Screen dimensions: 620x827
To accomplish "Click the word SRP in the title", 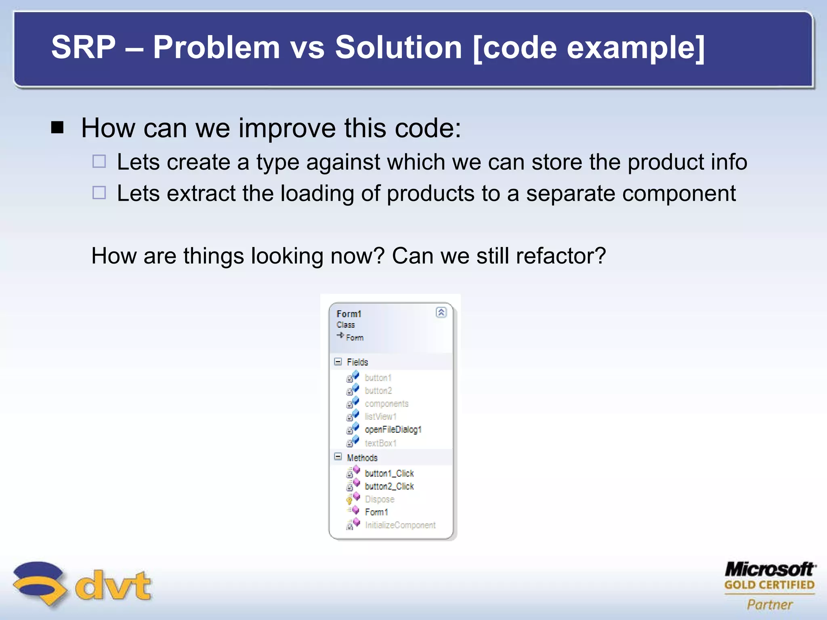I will pyautogui.click(x=84, y=47).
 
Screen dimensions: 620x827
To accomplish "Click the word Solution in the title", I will pyautogui.click(x=398, y=47).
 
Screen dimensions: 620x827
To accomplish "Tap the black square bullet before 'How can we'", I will pyautogui.click(x=58, y=128).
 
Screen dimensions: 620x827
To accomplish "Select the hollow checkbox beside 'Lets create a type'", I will pyautogui.click(x=99, y=161).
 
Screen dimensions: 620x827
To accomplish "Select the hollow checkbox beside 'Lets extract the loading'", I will pyautogui.click(x=99, y=193).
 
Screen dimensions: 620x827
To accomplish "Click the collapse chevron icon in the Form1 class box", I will pyautogui.click(x=441, y=312).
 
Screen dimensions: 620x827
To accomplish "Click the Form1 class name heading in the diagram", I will pyautogui.click(x=349, y=314).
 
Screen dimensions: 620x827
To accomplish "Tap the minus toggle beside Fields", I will pyautogui.click(x=338, y=361).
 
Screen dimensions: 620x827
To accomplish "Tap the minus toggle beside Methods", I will pyautogui.click(x=338, y=457).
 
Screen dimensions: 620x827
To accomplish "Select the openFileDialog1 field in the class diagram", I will pyautogui.click(x=393, y=429).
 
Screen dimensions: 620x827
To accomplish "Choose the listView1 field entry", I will pyautogui.click(x=380, y=417).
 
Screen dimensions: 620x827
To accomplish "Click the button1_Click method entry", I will pyautogui.click(x=389, y=473).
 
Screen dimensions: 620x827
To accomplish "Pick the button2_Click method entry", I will pyautogui.click(x=389, y=486).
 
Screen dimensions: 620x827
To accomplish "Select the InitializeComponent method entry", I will pyautogui.click(x=400, y=525).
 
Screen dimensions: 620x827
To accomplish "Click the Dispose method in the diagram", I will pyautogui.click(x=379, y=499).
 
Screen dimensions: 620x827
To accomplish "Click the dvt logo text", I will pyautogui.click(x=113, y=585).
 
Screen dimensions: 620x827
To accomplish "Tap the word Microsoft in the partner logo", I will pyautogui.click(x=770, y=569).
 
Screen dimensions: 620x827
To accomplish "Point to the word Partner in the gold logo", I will pyautogui.click(x=770, y=605).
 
